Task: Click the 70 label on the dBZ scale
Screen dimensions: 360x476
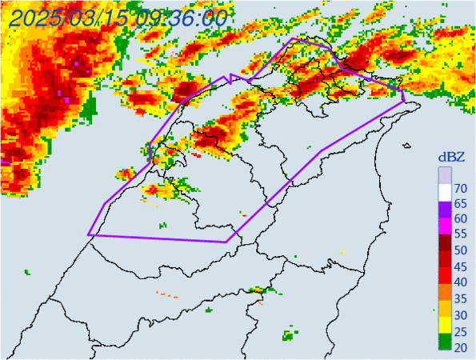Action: pyautogui.click(x=461, y=189)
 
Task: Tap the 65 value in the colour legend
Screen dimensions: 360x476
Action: pyautogui.click(x=461, y=204)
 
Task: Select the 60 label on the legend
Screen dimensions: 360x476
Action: pyautogui.click(x=461, y=219)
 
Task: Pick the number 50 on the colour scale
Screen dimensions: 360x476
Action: pyautogui.click(x=461, y=250)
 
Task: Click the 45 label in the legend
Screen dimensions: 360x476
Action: pyautogui.click(x=461, y=266)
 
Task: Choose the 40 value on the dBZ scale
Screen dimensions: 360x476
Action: pyautogui.click(x=461, y=282)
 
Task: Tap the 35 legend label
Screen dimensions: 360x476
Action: pyautogui.click(x=461, y=298)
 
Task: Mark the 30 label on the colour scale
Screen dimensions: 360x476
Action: pyautogui.click(x=461, y=313)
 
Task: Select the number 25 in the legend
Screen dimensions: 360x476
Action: pyautogui.click(x=461, y=329)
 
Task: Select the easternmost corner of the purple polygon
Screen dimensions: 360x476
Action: pyautogui.click(x=405, y=102)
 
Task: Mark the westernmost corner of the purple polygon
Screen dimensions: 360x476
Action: pyautogui.click(x=88, y=235)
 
